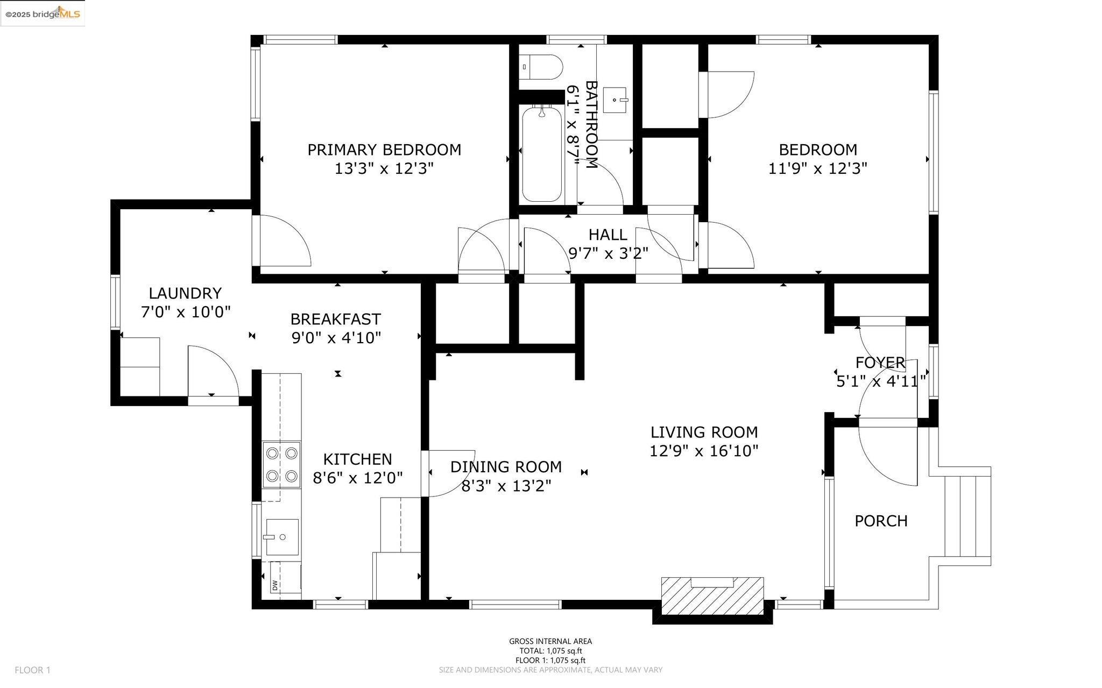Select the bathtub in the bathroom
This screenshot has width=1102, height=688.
[542, 153]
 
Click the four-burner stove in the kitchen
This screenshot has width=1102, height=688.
[281, 465]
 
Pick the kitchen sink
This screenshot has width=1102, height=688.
[280, 537]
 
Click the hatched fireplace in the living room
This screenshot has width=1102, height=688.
[712, 595]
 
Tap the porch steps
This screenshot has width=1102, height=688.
[968, 516]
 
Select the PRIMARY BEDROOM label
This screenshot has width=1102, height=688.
[384, 150]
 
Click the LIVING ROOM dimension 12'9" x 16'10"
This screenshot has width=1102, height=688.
[704, 451]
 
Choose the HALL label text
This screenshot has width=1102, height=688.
[607, 235]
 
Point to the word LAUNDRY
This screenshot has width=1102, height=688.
[185, 293]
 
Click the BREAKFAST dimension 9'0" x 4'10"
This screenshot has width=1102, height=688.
[336, 338]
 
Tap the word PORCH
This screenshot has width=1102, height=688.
[881, 521]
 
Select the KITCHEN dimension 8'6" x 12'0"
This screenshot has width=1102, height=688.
[358, 478]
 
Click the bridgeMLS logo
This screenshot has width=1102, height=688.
[43, 13]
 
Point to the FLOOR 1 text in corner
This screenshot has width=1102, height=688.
[32, 670]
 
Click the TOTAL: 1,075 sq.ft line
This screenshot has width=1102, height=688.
[550, 651]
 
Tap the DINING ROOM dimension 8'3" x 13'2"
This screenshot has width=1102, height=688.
[506, 486]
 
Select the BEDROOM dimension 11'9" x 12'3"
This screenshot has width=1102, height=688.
[818, 169]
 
